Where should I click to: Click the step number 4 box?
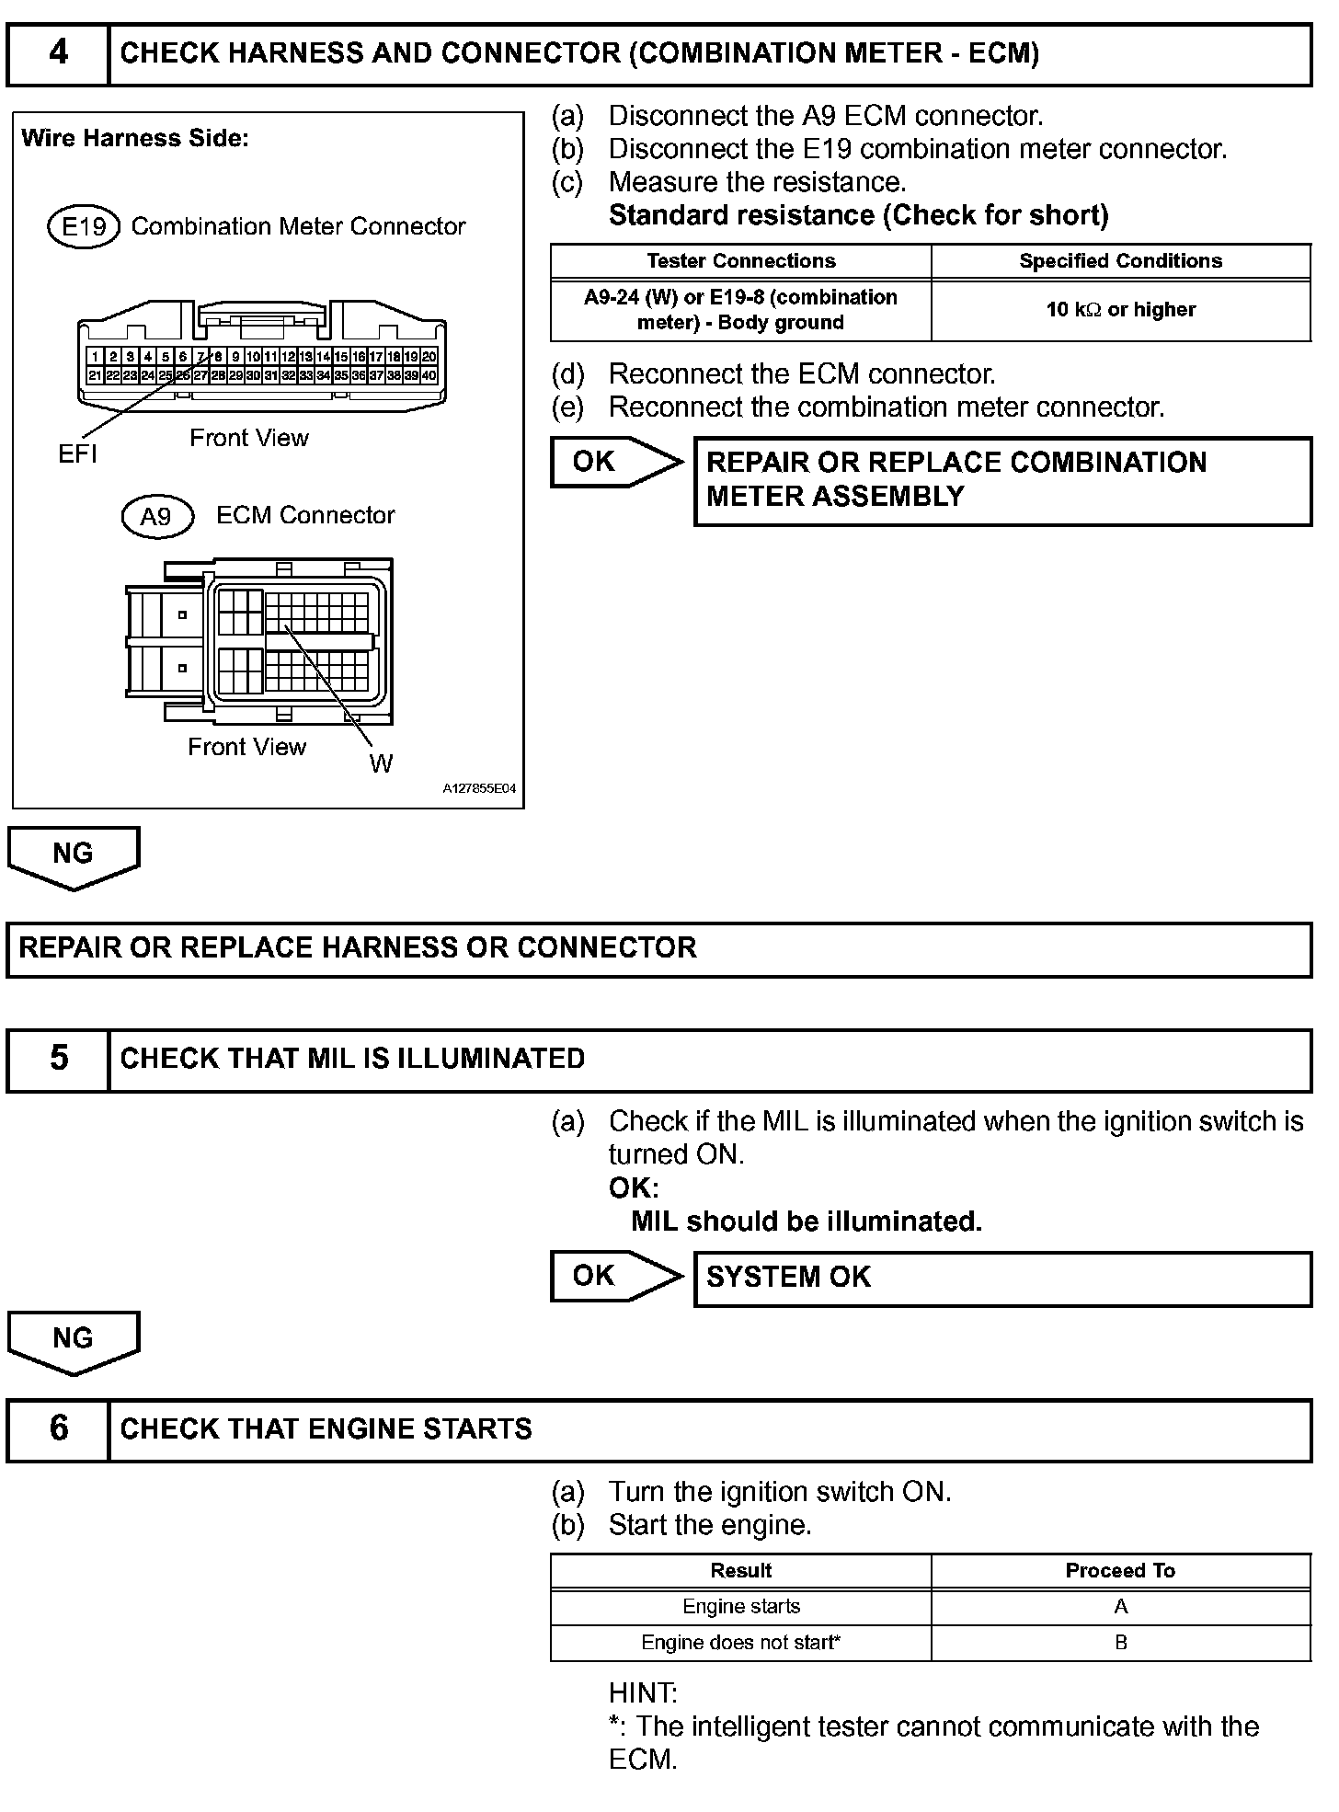[x=58, y=54]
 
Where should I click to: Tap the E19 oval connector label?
[x=84, y=226]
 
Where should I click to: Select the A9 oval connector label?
[x=157, y=516]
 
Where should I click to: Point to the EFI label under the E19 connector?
[x=77, y=453]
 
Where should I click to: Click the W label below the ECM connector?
[x=381, y=763]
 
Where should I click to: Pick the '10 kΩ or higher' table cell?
[x=1120, y=310]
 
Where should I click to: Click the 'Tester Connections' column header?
[x=740, y=261]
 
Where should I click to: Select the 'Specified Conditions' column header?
[x=1120, y=261]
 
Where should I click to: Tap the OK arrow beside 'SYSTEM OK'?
[x=615, y=1276]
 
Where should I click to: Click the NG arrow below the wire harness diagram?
[x=74, y=855]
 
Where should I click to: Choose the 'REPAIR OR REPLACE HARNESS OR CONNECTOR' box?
[x=658, y=949]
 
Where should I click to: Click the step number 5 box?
[x=58, y=1060]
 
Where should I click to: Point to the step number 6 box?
[x=58, y=1429]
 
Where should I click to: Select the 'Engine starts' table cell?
[x=740, y=1606]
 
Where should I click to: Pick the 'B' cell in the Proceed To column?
[x=1120, y=1642]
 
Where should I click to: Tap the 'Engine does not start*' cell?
[x=740, y=1642]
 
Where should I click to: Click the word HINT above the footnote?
[x=643, y=1692]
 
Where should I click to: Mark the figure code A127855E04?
[x=478, y=789]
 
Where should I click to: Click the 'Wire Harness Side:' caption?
[x=134, y=139]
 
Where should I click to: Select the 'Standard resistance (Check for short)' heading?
[x=858, y=215]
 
